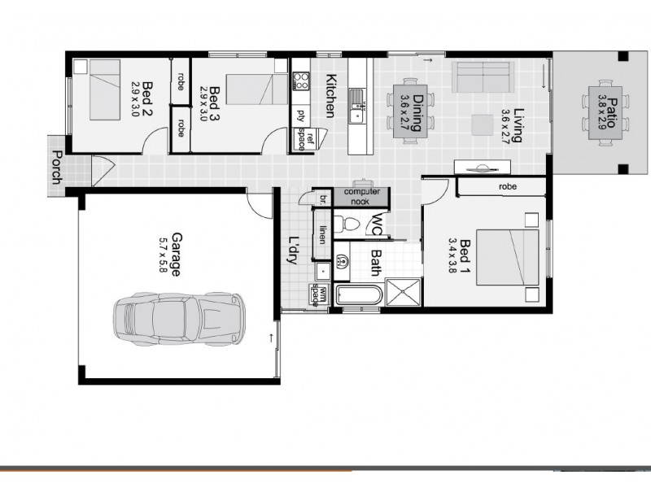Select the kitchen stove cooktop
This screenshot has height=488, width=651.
tap(301, 81)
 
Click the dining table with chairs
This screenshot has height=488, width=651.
tap(406, 107)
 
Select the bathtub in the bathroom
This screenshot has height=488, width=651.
tap(357, 296)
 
